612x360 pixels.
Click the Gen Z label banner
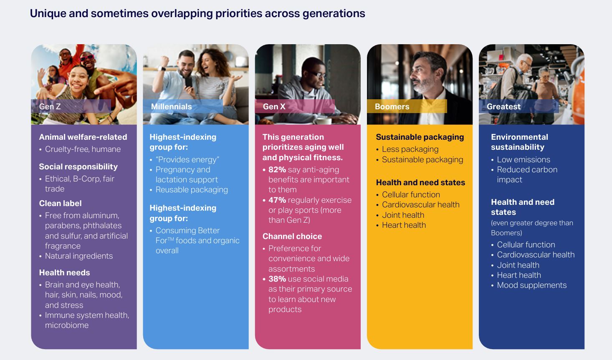(x=71, y=106)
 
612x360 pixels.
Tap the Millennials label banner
(x=183, y=106)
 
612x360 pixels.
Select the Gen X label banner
(x=295, y=106)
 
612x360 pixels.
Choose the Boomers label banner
(x=407, y=106)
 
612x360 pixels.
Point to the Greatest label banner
(x=519, y=106)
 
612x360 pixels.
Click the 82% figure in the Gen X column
(x=277, y=170)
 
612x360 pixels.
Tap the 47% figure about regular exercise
(x=277, y=200)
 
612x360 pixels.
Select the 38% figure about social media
(x=277, y=279)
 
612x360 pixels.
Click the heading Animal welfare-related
(x=83, y=137)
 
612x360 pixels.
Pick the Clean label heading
(x=61, y=203)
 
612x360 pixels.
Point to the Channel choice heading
(x=292, y=237)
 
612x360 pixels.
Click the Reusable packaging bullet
(x=192, y=190)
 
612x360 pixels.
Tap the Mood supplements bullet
(x=532, y=285)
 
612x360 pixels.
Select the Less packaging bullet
(x=410, y=149)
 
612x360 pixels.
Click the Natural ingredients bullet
(x=78, y=256)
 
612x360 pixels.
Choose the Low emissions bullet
(x=523, y=160)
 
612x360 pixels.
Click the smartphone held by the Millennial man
(x=188, y=81)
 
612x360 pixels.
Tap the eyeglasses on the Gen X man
(x=317, y=74)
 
